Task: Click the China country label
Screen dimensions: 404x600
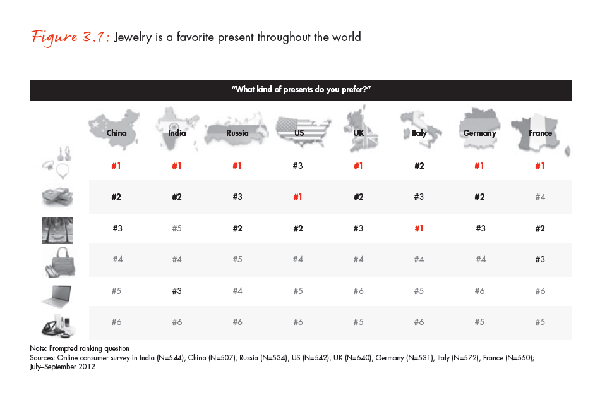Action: tap(116, 133)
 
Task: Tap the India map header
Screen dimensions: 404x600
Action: tap(177, 133)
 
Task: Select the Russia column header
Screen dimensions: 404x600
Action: tap(237, 133)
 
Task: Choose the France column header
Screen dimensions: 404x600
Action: tap(540, 133)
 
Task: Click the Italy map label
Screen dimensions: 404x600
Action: tap(419, 133)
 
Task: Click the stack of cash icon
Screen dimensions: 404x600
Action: tap(57, 197)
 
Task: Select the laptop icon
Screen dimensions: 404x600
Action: tap(57, 291)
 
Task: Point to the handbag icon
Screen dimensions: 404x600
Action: tap(57, 260)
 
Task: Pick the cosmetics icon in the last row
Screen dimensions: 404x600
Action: tap(57, 323)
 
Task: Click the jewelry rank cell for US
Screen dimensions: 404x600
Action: tap(298, 166)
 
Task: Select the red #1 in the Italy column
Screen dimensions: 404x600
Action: tap(419, 228)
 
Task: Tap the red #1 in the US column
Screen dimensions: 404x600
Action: tap(298, 197)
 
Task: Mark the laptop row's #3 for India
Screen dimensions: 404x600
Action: tap(177, 291)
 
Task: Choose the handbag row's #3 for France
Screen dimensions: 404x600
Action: tap(540, 259)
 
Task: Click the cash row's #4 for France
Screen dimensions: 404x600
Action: tap(540, 197)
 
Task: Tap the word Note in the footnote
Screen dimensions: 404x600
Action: tap(38, 348)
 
